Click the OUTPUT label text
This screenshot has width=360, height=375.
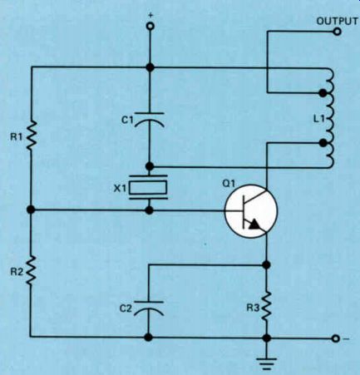point(337,21)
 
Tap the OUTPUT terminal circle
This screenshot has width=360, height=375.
point(337,32)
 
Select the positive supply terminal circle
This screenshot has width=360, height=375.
point(150,27)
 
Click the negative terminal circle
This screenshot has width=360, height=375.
point(336,338)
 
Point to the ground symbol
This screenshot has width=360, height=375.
point(266,363)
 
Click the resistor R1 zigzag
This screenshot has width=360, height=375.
point(32,136)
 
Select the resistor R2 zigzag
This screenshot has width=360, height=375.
point(32,270)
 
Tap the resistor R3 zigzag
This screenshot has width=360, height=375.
point(266,306)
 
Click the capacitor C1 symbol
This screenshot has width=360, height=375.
point(150,120)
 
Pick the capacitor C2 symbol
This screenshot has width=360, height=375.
point(149,308)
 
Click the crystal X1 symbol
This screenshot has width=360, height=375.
point(149,187)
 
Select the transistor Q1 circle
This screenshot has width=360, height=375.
point(251,210)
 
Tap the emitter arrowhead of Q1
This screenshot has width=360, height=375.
point(254,224)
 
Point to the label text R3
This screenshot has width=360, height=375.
point(253,308)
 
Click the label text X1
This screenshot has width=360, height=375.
point(120,189)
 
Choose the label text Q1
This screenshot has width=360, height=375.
point(229,183)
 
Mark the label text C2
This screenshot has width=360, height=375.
point(126,308)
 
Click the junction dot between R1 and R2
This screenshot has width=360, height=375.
point(32,210)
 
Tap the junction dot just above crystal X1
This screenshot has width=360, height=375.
point(150,166)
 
